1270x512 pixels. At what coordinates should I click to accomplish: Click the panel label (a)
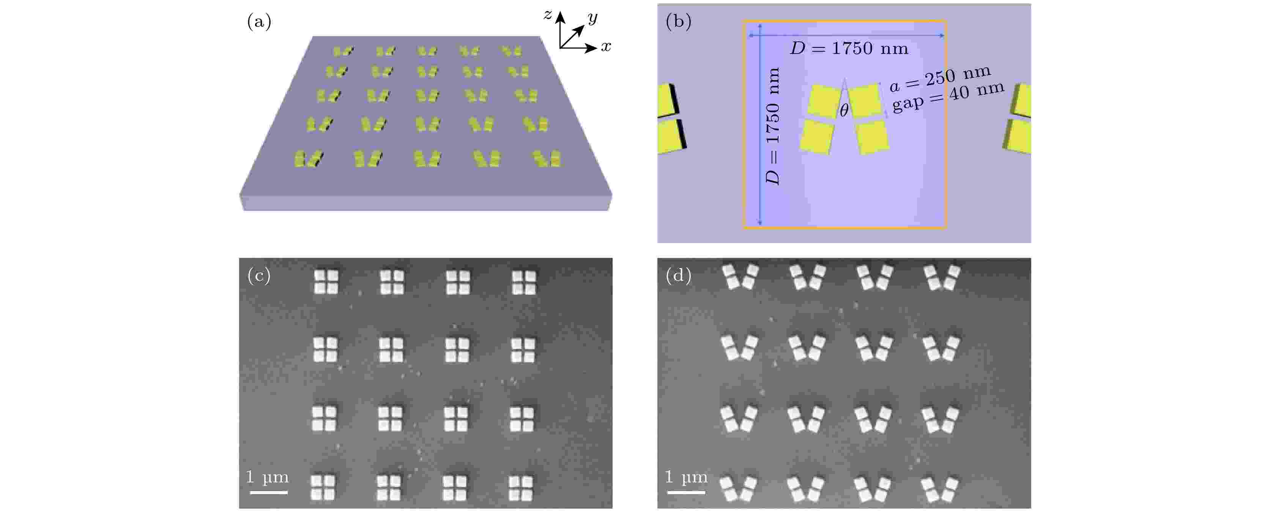pyautogui.click(x=259, y=22)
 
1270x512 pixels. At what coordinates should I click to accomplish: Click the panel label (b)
pyautogui.click(x=678, y=22)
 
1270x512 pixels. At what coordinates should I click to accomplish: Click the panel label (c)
pyautogui.click(x=259, y=275)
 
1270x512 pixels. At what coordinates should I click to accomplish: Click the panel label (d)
pyautogui.click(x=678, y=275)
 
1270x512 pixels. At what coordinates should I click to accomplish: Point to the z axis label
pyautogui.click(x=547, y=15)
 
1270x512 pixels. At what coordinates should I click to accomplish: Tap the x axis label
pyautogui.click(x=605, y=46)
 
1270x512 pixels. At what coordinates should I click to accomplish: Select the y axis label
pyautogui.click(x=592, y=18)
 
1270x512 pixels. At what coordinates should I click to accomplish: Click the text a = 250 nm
pyautogui.click(x=940, y=79)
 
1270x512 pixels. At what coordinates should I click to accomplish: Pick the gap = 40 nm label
pyautogui.click(x=948, y=97)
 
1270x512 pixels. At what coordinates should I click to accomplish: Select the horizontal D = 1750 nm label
pyautogui.click(x=848, y=48)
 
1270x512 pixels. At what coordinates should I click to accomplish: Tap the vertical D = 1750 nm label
pyautogui.click(x=772, y=126)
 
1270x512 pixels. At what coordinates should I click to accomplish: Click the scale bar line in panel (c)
pyautogui.click(x=269, y=492)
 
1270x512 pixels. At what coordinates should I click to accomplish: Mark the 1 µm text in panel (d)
pyautogui.click(x=686, y=477)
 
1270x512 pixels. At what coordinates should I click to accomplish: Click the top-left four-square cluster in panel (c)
pyautogui.click(x=326, y=282)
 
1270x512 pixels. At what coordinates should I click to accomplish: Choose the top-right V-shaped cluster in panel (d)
pyautogui.click(x=942, y=277)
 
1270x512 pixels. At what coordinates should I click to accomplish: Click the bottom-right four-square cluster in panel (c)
pyautogui.click(x=521, y=488)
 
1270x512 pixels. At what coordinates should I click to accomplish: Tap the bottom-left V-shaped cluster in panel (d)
pyautogui.click(x=738, y=489)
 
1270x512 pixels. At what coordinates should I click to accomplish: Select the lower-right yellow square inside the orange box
pyautogui.click(x=873, y=137)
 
